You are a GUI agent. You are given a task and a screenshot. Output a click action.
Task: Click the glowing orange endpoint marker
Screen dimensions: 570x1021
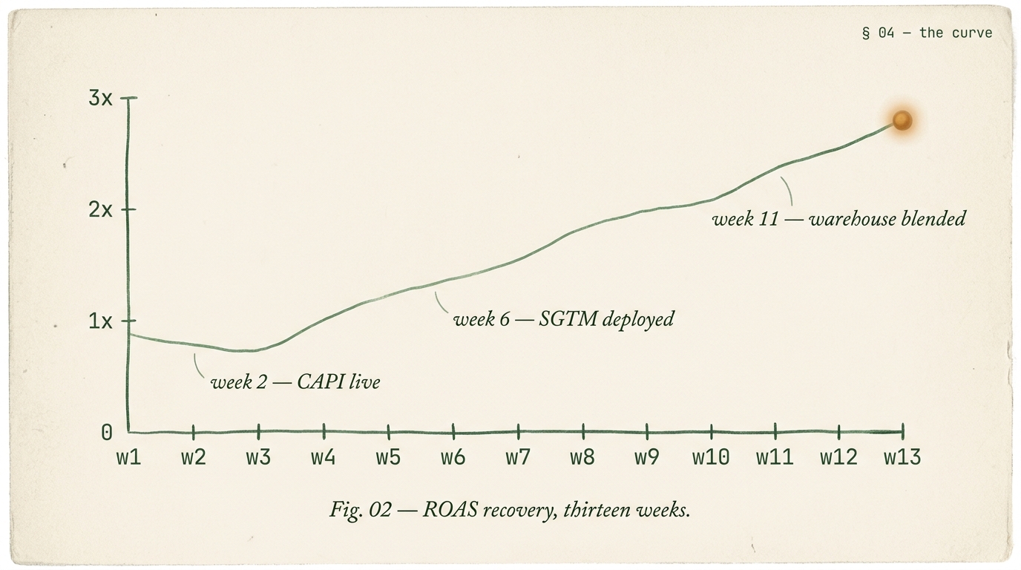pos(902,120)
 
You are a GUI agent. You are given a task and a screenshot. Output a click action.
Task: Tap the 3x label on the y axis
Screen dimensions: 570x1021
pos(100,98)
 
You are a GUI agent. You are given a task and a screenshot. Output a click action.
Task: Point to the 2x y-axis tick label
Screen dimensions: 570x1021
pos(100,209)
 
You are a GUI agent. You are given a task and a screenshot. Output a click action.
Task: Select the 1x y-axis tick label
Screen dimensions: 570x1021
pos(100,321)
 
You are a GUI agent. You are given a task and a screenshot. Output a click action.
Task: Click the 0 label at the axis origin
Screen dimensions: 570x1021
pos(107,433)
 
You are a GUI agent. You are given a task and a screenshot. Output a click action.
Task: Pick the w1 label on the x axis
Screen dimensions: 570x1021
pos(128,457)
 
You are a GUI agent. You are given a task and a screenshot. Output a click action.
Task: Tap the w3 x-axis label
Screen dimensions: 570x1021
pos(258,457)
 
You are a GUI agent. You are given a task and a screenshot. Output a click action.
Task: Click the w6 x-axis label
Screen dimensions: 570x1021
pos(453,457)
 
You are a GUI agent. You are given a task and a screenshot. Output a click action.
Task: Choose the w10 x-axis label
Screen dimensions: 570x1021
pos(711,457)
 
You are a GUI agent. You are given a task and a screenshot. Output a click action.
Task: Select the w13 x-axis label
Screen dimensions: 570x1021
pos(902,457)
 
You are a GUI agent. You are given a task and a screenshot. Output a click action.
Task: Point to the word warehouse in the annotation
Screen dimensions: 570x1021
pos(849,219)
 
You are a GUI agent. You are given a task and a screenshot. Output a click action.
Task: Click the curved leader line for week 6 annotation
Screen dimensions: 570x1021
pos(441,303)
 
